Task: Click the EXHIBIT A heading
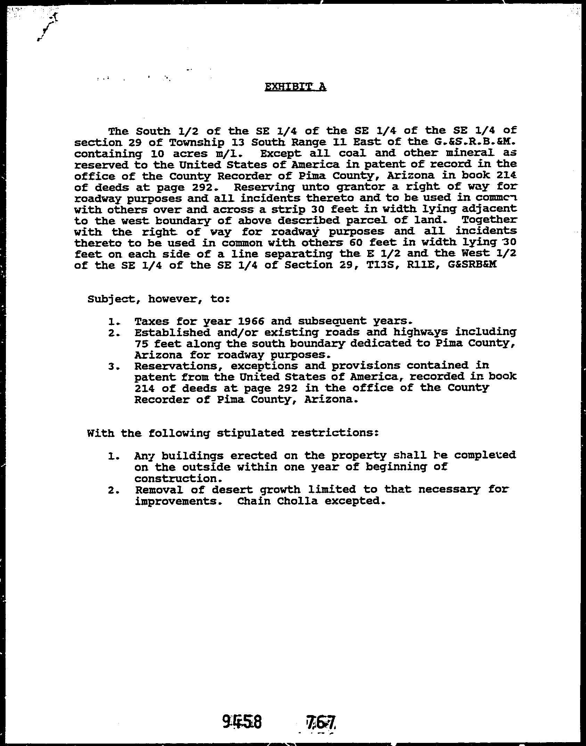click(295, 87)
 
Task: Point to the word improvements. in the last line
click(182, 502)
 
